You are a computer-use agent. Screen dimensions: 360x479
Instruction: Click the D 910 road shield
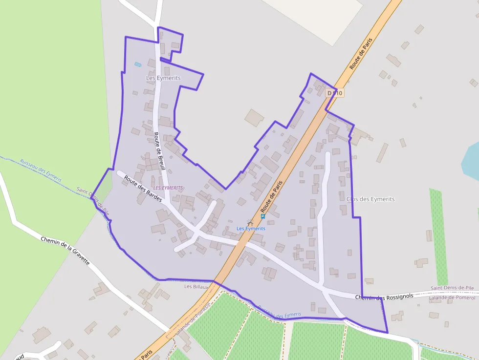[335, 93]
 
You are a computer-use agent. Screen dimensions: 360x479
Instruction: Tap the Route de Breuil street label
[159, 151]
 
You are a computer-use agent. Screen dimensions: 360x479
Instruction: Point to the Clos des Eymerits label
[370, 199]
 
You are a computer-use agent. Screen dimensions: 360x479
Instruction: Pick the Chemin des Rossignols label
[384, 296]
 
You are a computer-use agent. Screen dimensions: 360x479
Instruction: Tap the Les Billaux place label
[196, 287]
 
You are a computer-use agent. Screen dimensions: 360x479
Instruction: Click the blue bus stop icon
[263, 216]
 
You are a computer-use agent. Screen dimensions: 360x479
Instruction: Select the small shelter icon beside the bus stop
[251, 223]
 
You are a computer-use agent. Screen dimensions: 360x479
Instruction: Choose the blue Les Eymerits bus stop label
[251, 229]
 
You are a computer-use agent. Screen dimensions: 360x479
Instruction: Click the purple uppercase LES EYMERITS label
[168, 188]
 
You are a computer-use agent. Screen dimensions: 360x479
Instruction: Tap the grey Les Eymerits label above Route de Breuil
[163, 78]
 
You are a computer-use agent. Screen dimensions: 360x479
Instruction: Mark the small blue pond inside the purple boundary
[138, 64]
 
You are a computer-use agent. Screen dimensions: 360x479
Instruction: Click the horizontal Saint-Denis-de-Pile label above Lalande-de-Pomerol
[452, 288]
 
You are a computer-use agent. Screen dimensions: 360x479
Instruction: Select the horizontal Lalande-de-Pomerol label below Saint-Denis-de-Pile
[452, 297]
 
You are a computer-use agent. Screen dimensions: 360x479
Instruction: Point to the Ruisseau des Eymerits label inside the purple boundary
[279, 312]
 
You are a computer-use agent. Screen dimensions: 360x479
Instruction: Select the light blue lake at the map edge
[470, 161]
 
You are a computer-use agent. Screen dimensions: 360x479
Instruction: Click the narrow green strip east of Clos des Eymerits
[438, 230]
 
